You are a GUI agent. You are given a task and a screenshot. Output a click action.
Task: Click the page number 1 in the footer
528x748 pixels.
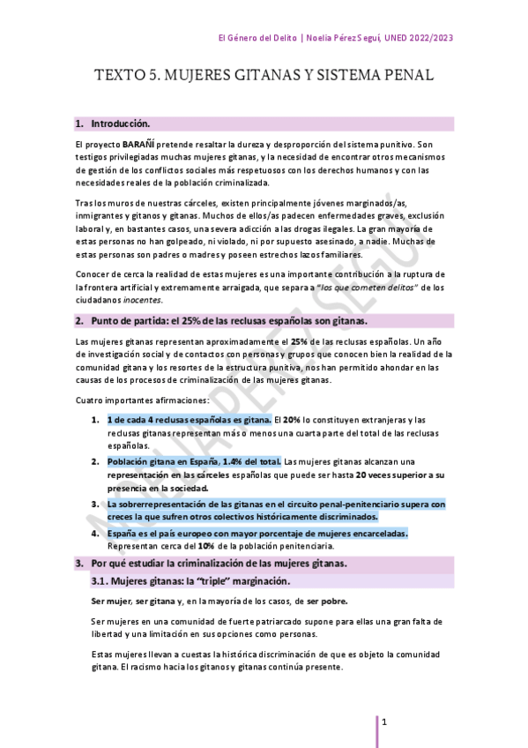385,722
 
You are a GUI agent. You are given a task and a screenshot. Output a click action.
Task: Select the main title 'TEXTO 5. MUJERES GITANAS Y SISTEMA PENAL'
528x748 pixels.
264,76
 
